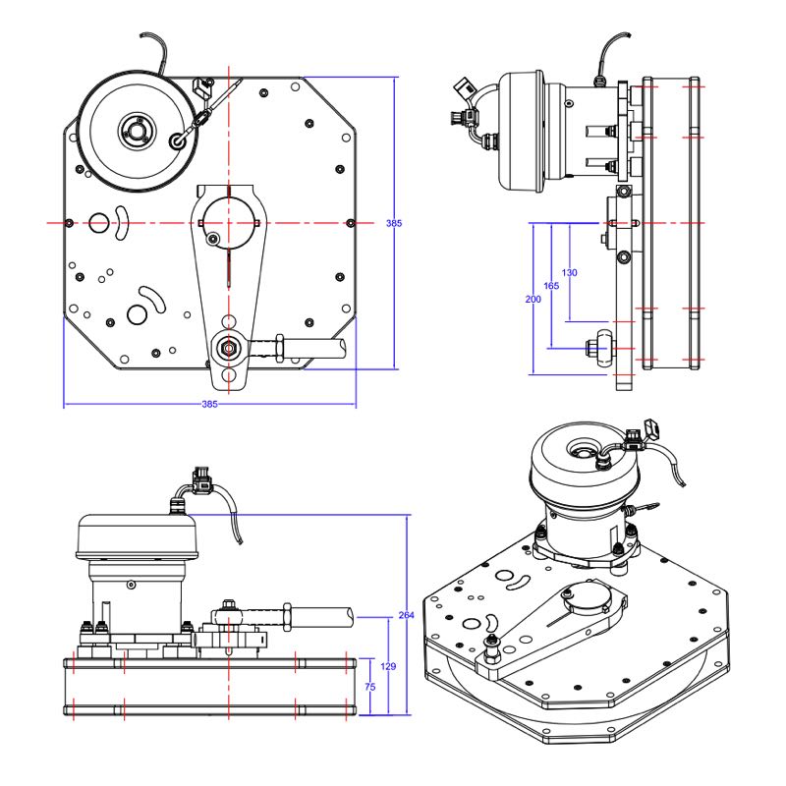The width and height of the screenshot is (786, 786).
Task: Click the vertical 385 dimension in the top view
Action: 393,224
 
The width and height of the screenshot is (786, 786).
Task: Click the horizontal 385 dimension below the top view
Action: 209,404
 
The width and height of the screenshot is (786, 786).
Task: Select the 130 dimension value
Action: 570,272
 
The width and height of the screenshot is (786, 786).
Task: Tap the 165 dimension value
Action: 551,286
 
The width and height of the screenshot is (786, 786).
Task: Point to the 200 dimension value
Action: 533,299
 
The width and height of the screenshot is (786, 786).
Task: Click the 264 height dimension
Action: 407,615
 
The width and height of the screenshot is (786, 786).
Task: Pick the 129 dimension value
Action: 388,666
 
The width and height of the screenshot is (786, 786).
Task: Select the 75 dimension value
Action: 369,689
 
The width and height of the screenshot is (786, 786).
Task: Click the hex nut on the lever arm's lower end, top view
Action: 229,346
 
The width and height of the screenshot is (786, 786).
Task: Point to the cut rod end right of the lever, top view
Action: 339,346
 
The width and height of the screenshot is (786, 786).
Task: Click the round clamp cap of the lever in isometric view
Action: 589,598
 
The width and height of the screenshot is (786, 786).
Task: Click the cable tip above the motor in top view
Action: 144,38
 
